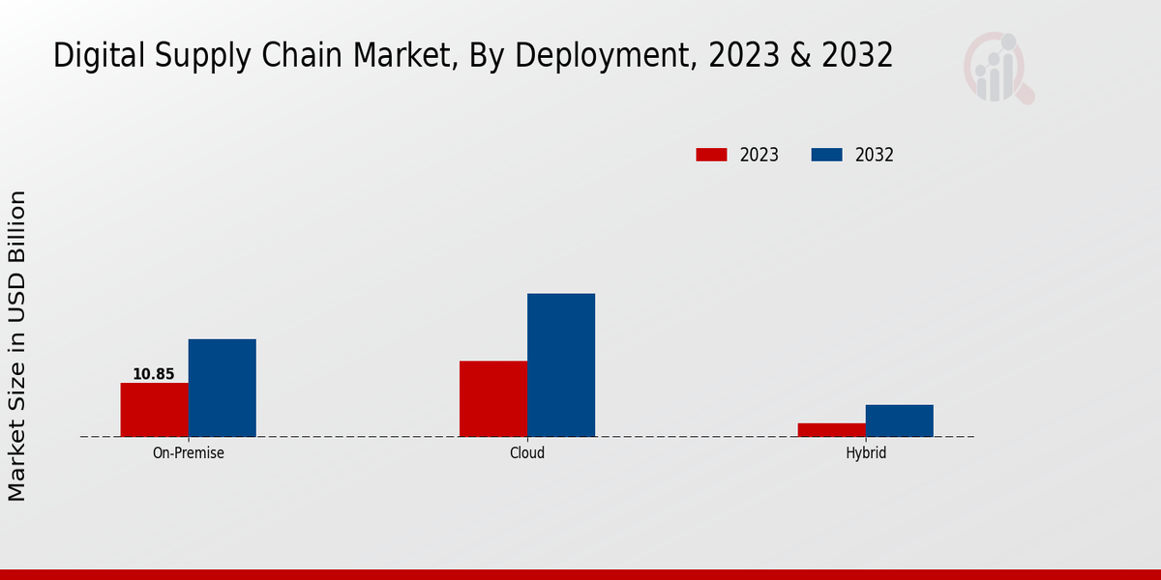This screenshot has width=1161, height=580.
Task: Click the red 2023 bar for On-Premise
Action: pos(154,410)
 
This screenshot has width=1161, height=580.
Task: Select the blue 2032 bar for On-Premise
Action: pos(222,388)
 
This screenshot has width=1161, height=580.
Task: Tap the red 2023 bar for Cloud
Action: pos(493,398)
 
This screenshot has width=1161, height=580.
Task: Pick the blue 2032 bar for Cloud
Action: pos(561,364)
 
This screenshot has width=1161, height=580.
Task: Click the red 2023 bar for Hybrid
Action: pos(832,429)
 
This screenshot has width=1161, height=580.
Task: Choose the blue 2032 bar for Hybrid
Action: pos(900,420)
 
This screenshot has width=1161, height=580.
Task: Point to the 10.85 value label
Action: pos(154,374)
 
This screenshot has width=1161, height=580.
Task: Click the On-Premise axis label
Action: pos(189,452)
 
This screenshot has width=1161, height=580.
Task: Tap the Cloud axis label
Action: pos(527,452)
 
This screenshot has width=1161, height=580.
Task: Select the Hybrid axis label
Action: pos(866,452)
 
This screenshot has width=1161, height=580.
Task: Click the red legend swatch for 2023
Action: pos(711,155)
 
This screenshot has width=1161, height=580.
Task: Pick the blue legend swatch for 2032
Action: pos(826,155)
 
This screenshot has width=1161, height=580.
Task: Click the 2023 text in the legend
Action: pos(759,155)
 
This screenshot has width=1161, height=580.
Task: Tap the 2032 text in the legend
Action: pos(875,155)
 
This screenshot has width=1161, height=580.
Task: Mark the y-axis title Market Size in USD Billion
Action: pos(17,346)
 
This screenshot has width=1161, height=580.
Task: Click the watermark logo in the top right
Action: pos(997,68)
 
